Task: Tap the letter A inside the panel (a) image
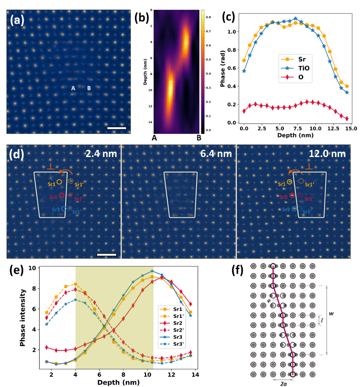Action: [73, 89]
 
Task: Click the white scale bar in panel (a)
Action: [117, 128]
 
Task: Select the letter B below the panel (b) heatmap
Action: [198, 138]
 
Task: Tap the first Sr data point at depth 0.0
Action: [244, 60]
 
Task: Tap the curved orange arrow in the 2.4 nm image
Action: [65, 170]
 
